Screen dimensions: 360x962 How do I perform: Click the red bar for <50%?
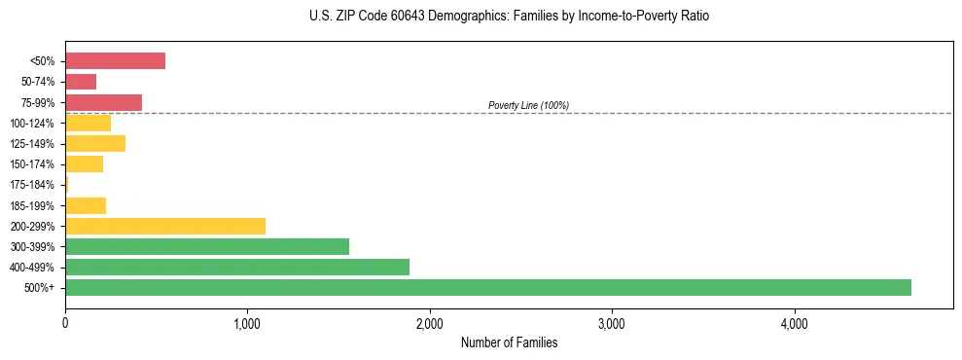coord(115,61)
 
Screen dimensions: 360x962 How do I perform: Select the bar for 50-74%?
coord(81,82)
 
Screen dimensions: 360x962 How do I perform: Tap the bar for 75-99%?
coord(103,102)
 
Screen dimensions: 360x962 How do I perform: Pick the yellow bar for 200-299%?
coord(165,226)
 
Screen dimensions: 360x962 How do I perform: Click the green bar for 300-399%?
coord(207,246)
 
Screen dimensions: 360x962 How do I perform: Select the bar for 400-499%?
coord(237,267)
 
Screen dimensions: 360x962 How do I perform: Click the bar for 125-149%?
coord(95,144)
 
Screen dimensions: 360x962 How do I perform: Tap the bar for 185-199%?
coord(86,205)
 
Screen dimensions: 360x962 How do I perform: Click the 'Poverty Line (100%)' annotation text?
coord(528,105)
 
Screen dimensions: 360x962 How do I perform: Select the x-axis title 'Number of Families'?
coord(509,343)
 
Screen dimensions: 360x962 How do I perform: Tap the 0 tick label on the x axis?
coord(65,324)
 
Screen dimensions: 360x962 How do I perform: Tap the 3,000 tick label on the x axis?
coord(612,324)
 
